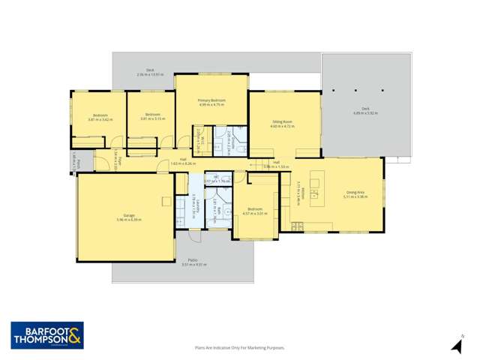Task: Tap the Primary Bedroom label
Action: click(212, 100)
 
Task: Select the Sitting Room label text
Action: click(282, 121)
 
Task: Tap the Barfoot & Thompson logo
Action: click(47, 335)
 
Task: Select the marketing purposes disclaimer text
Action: click(240, 348)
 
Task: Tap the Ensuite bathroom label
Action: click(235, 137)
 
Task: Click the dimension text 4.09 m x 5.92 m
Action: click(365, 113)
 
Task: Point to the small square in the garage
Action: click(169, 199)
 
